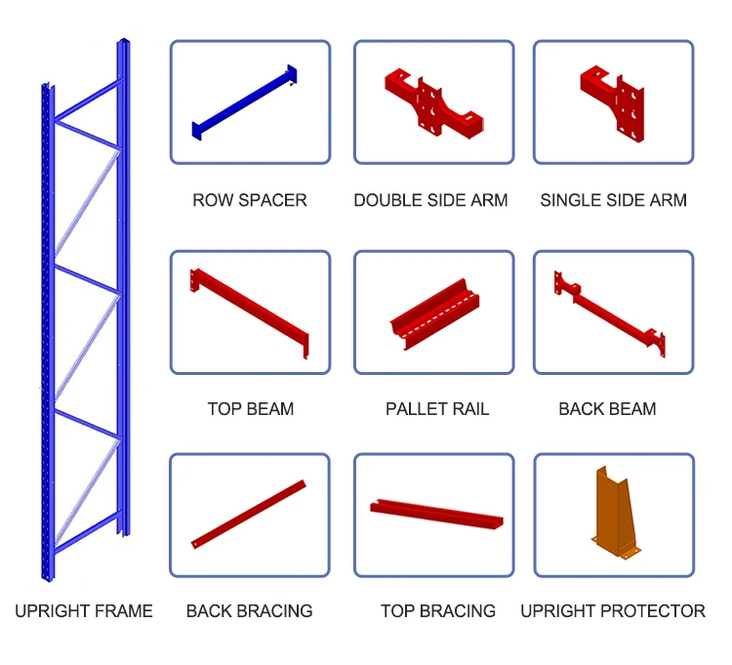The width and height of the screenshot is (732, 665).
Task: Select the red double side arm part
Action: click(x=430, y=102)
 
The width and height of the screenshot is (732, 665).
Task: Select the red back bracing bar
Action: click(x=249, y=514)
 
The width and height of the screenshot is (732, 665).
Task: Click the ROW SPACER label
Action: click(x=250, y=200)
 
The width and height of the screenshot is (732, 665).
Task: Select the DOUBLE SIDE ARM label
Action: click(x=430, y=200)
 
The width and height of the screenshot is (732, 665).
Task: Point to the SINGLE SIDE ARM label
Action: click(x=613, y=200)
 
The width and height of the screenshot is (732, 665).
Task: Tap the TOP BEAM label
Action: click(x=250, y=409)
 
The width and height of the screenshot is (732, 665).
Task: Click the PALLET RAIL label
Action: click(x=437, y=409)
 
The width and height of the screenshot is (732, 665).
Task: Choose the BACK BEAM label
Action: click(x=607, y=409)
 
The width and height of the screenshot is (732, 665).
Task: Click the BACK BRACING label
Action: click(x=249, y=611)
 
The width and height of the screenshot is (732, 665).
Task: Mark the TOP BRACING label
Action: click(x=438, y=611)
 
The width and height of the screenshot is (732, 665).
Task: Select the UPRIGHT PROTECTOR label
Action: click(x=613, y=611)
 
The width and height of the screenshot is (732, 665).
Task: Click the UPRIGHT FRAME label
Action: click(x=84, y=611)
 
